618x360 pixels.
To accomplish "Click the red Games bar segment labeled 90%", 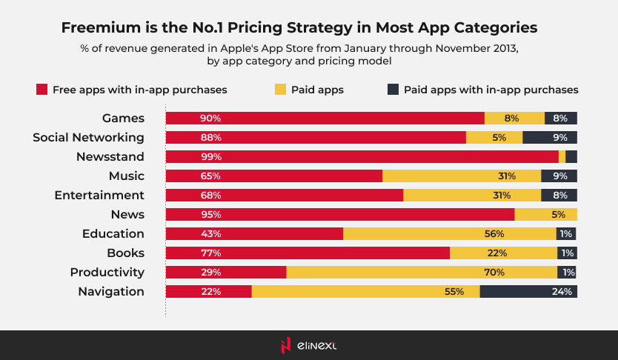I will click(x=325, y=118).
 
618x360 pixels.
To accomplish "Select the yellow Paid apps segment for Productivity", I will click(x=422, y=272).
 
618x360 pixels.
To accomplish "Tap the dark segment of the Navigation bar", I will click(x=528, y=291).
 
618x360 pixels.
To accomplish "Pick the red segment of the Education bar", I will click(x=254, y=233).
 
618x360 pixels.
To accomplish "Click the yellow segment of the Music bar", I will click(x=462, y=176).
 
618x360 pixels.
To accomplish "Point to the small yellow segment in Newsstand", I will click(x=562, y=156).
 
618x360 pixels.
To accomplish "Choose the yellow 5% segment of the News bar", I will click(x=545, y=214).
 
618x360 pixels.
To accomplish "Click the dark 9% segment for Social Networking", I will click(x=550, y=137).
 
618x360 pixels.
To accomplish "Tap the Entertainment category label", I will click(x=99, y=195).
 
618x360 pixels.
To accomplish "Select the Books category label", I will click(x=125, y=253).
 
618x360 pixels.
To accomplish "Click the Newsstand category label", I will click(x=110, y=156).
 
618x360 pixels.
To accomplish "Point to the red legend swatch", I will click(x=42, y=90).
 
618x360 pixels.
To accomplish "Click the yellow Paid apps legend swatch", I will click(x=280, y=90).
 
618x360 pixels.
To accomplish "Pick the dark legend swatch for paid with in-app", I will click(x=393, y=90).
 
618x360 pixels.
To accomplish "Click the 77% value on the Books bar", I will click(x=210, y=253).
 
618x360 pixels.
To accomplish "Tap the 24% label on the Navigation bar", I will click(x=562, y=291).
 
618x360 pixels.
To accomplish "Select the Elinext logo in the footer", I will click(x=309, y=345).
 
